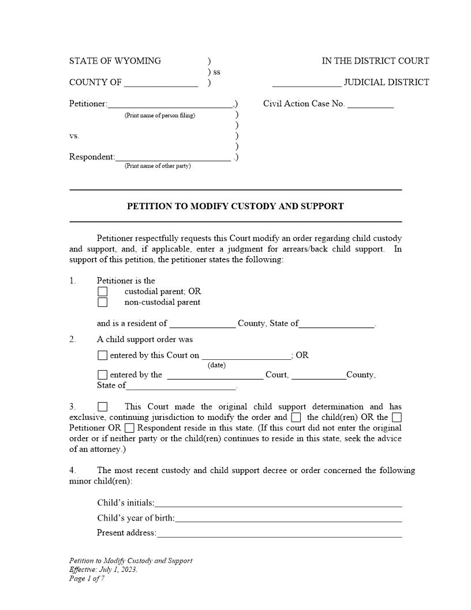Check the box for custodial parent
point(102,292)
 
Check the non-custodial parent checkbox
point(102,302)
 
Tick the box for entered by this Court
point(102,356)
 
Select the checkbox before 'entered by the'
point(102,375)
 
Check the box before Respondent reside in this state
point(129,428)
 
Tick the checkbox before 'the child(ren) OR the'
point(296,417)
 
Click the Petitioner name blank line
point(170,105)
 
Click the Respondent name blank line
point(173,158)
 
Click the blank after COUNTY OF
point(160,83)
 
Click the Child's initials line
point(278,503)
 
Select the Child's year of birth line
point(288,518)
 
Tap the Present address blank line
point(279,533)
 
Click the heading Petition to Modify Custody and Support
point(235,206)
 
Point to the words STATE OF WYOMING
point(115,61)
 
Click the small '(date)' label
point(216,365)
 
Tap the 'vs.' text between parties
point(74,136)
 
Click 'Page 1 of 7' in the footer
point(87,578)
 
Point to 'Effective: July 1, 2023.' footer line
point(103,570)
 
